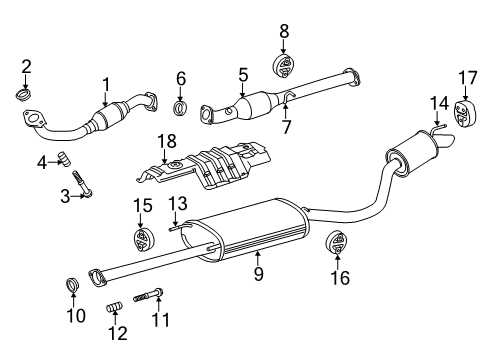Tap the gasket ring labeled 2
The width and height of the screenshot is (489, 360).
tap(27, 96)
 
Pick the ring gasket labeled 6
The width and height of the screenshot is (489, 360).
tap(181, 107)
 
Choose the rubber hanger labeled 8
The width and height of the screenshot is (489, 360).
tap(284, 66)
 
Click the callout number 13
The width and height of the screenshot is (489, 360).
tap(178, 203)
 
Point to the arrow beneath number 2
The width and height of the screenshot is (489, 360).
tap(27, 82)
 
